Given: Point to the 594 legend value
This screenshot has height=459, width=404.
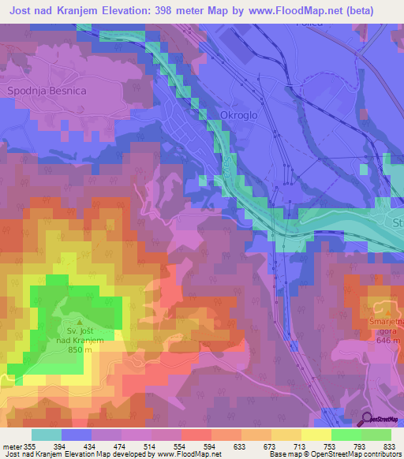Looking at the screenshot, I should point(226,446).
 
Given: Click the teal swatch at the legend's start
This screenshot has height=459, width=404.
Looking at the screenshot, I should point(47,435).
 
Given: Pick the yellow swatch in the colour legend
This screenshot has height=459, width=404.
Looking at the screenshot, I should point(316,435).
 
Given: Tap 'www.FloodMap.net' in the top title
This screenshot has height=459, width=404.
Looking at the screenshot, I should point(288,10).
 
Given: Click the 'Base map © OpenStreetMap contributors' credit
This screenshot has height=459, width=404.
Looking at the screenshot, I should point(334,454).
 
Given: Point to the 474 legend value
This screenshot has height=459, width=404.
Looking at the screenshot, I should point(129,446).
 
